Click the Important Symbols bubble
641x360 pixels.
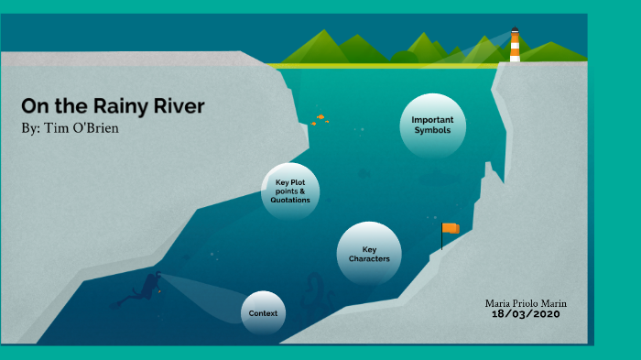433,125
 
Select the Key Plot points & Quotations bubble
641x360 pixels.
290,191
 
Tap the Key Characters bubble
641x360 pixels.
369,253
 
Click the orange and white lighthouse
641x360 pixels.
515,47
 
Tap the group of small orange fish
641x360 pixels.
319,119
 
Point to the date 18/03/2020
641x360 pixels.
526,314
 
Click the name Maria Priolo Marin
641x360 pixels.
525,302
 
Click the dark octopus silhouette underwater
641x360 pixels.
317,290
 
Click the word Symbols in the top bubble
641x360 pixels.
433,130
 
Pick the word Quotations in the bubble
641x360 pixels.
290,200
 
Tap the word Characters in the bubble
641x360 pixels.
369,258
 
